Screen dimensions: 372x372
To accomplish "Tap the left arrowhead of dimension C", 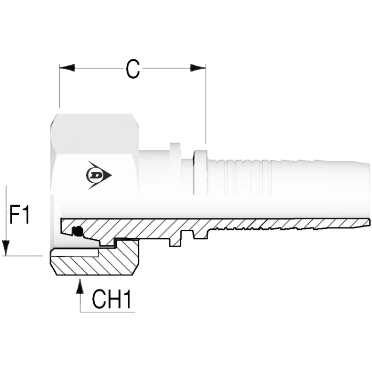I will tap(67, 68).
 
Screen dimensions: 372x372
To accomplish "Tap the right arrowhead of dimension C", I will tap(198, 68).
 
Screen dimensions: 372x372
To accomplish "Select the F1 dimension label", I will tap(20, 216).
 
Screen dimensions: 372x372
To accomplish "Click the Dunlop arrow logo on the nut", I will tap(98, 175).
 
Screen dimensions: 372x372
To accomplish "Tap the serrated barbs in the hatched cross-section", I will tap(235, 229).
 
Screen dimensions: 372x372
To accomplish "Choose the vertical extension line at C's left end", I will tap(60, 87).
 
